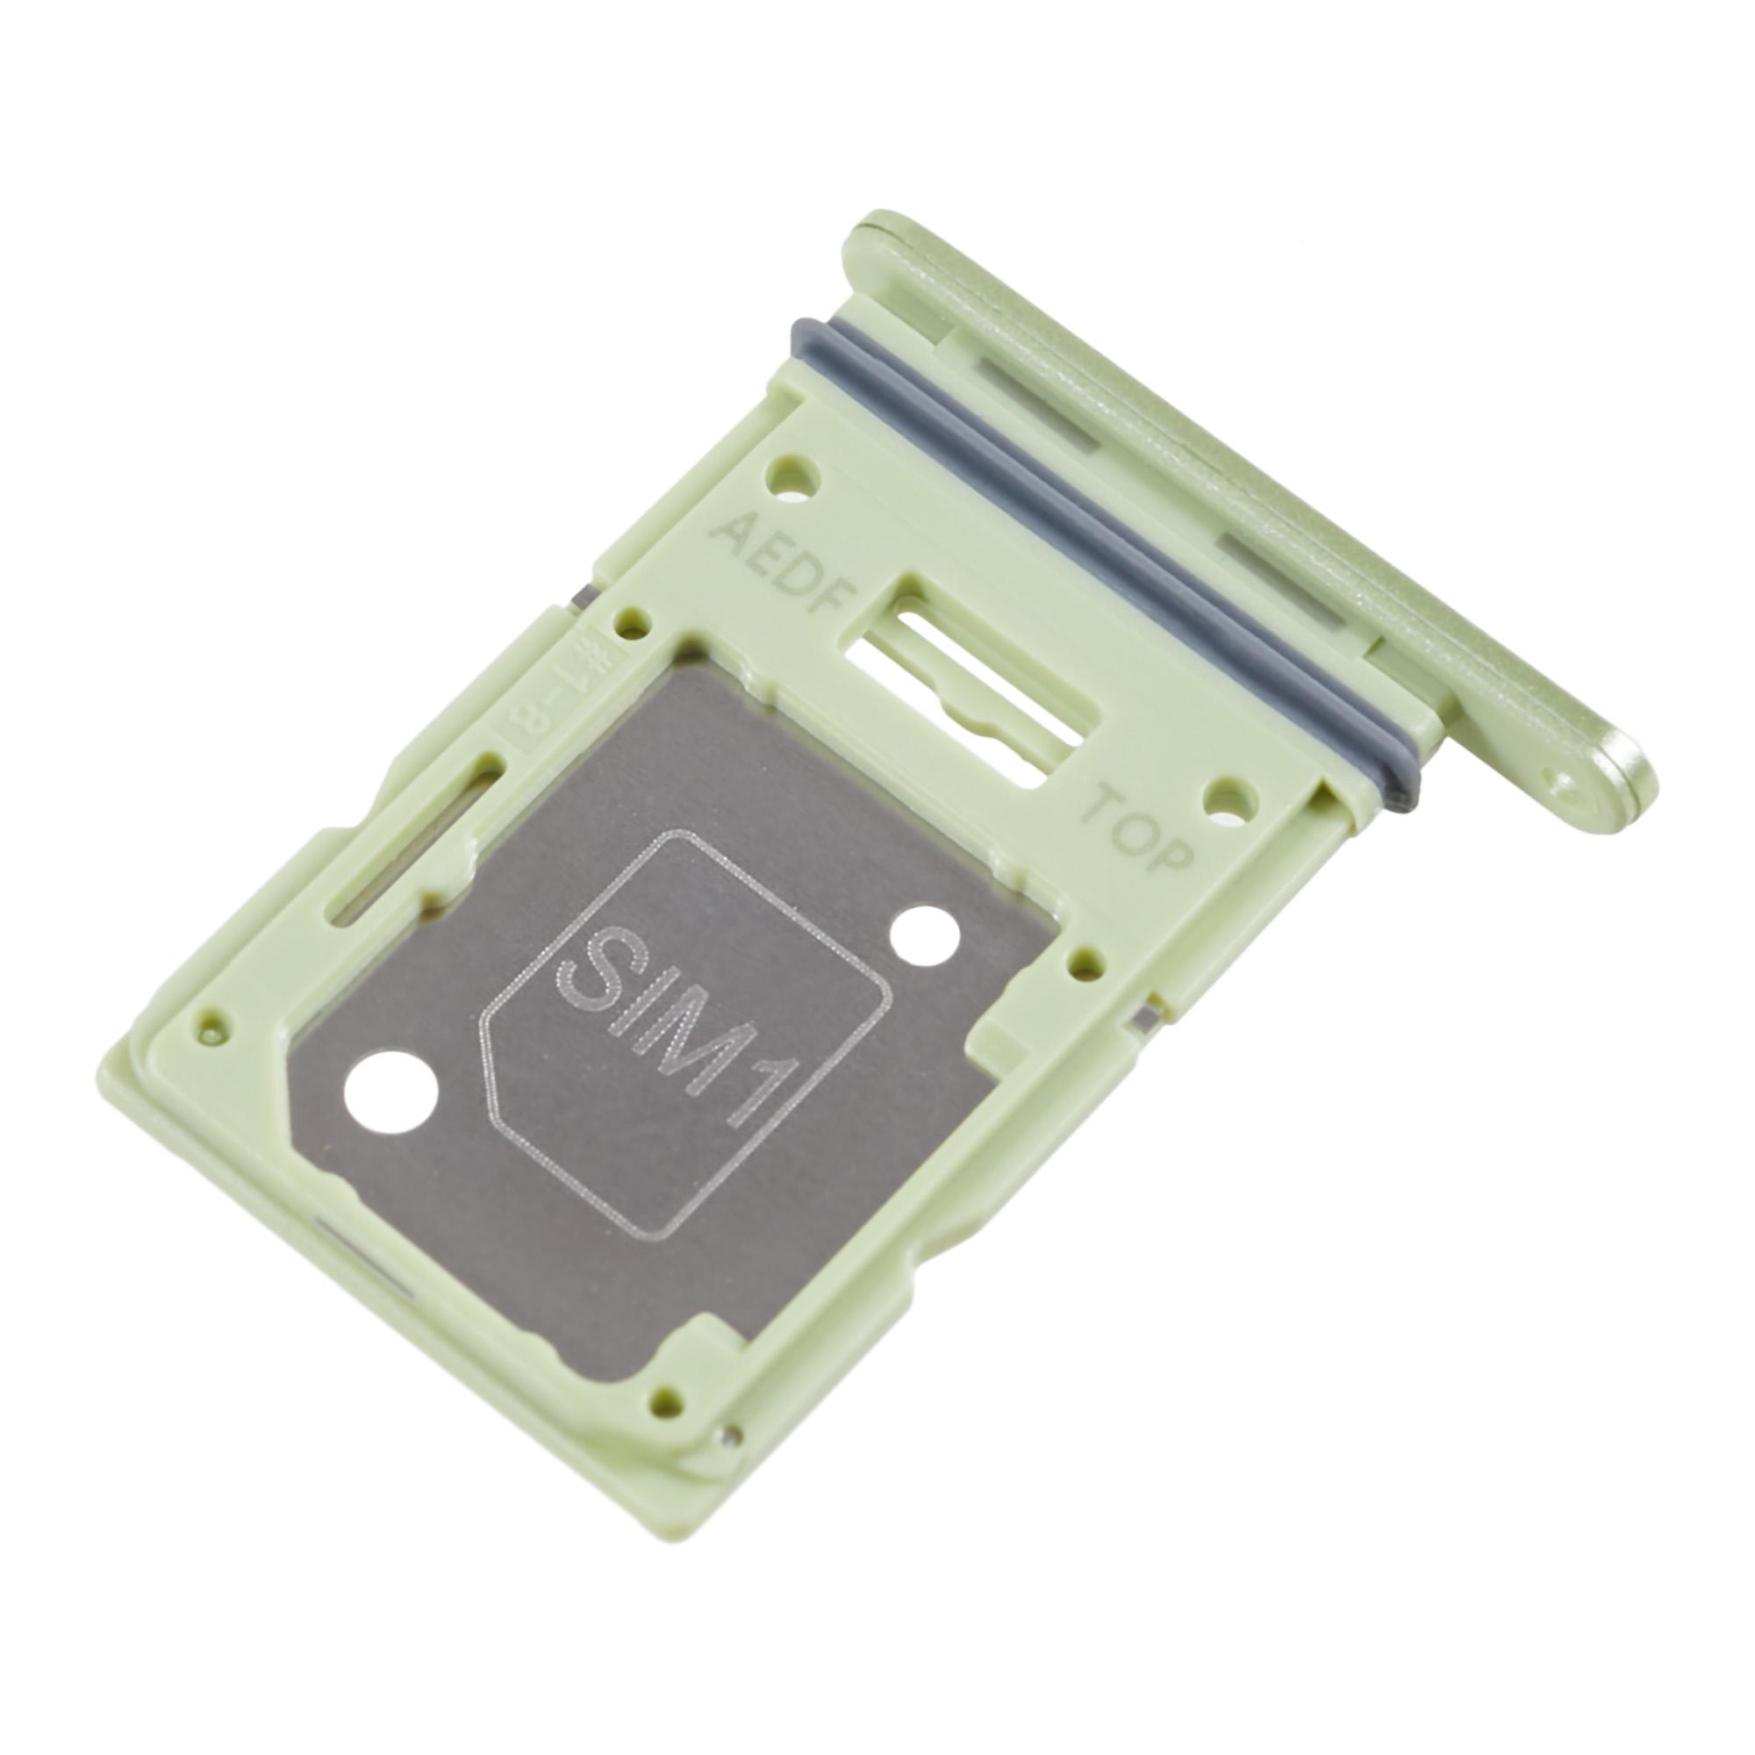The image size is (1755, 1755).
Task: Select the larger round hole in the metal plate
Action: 390,1093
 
